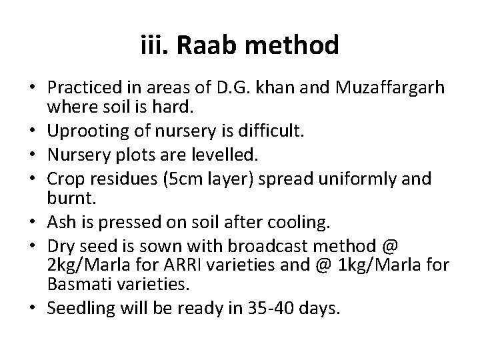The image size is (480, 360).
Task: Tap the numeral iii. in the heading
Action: [x=155, y=46]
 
